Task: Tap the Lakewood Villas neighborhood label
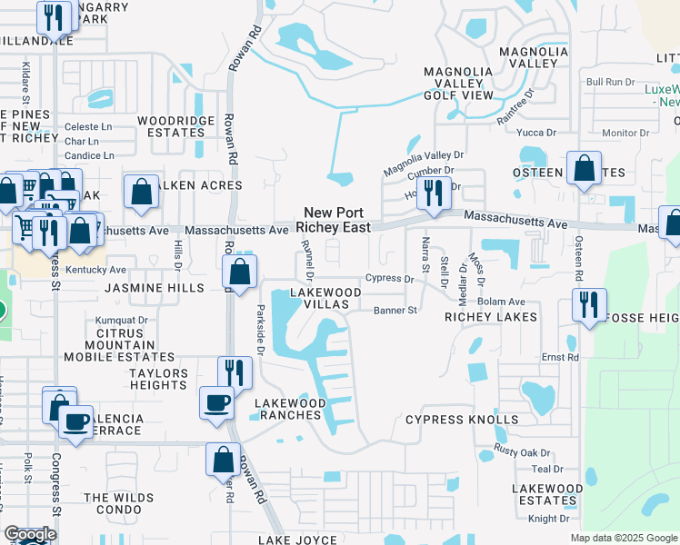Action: point(325,299)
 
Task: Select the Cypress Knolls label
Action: point(462,420)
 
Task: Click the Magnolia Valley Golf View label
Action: point(458,84)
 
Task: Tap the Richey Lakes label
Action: point(490,317)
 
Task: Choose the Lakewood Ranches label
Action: point(289,409)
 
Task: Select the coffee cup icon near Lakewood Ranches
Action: point(217,401)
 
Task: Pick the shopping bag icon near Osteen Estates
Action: point(583,168)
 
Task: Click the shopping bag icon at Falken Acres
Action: point(141,192)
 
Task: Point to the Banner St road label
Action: point(395,310)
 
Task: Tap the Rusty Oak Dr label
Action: point(523,451)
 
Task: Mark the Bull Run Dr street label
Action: point(609,82)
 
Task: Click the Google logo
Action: point(30,534)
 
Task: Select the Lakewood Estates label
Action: point(546,494)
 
